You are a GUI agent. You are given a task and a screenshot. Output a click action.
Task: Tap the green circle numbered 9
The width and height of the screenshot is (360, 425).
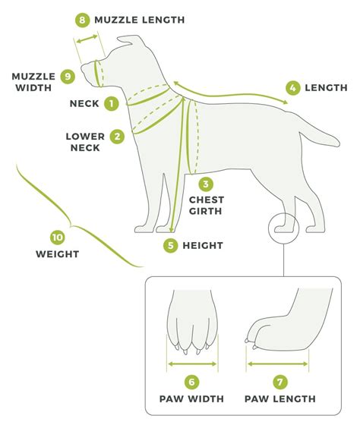tap(68, 76)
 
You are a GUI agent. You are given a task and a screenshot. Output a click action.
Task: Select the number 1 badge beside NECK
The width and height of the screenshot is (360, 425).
tap(112, 102)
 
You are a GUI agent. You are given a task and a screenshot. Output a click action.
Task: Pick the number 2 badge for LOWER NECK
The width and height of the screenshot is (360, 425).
tap(117, 137)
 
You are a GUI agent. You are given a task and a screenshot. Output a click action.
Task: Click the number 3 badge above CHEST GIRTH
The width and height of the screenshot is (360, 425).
tap(206, 183)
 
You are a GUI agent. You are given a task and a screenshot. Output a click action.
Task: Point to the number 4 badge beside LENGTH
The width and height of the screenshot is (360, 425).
tap(292, 87)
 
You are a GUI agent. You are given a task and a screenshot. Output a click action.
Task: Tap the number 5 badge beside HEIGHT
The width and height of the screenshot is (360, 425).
tap(171, 245)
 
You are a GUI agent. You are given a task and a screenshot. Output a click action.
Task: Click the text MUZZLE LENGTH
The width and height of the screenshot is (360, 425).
tap(139, 19)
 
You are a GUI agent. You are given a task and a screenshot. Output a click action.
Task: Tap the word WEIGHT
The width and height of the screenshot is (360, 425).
tap(57, 254)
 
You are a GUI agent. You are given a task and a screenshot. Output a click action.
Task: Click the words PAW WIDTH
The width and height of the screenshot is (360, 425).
tap(192, 399)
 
